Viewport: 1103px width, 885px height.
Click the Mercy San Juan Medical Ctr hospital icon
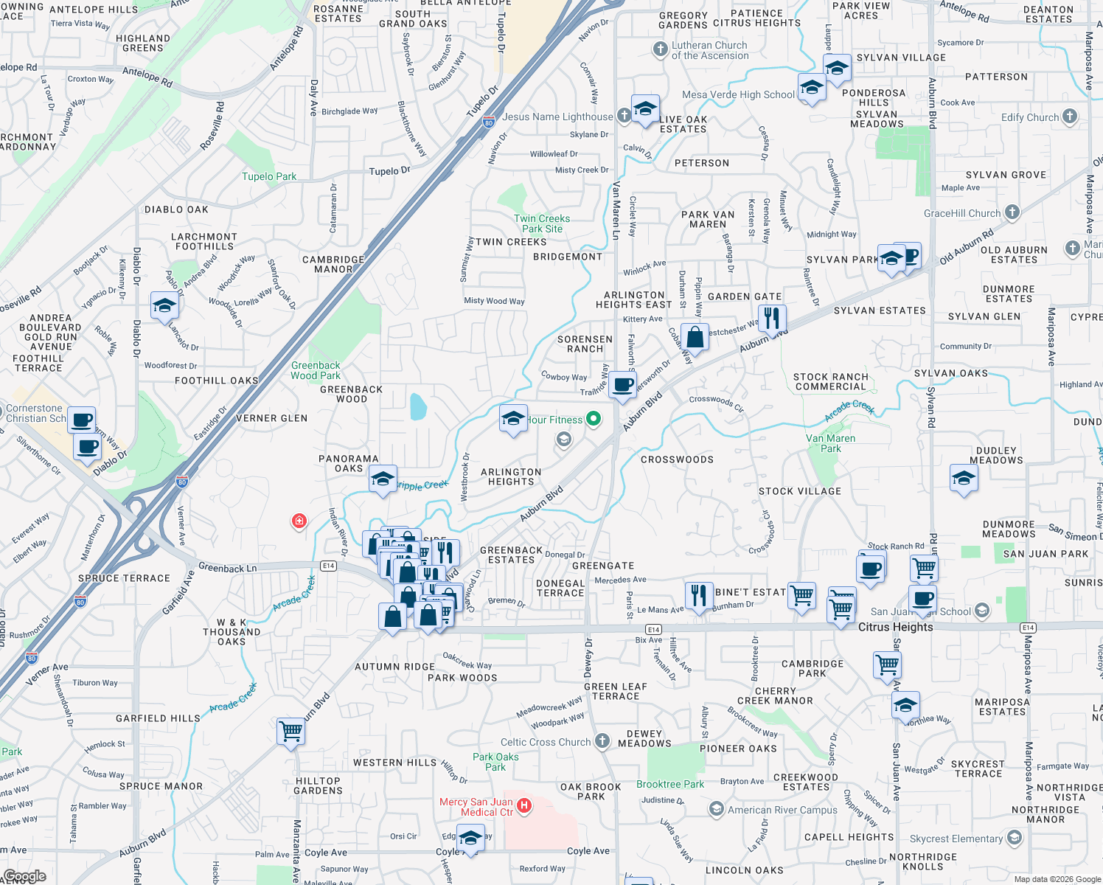[x=523, y=805]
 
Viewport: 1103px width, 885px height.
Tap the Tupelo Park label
[x=269, y=176]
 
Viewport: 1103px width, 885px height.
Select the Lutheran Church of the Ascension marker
[x=660, y=49]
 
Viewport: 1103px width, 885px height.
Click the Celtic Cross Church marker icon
[x=602, y=741]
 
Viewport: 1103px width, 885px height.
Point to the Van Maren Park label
[x=830, y=443]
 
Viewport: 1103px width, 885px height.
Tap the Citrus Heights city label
[x=895, y=627]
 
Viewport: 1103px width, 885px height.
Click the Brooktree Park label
[x=670, y=784]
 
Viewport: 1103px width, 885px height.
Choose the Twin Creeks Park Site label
[x=542, y=223]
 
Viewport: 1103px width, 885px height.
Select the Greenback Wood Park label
[x=316, y=370]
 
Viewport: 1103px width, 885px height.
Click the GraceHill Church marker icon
[x=1012, y=212]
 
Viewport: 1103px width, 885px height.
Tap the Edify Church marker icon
[x=1069, y=117]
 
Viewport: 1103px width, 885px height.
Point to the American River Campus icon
[x=716, y=809]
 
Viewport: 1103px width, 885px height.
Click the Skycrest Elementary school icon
[x=1015, y=838]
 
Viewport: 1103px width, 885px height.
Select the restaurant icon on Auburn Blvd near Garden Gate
[x=771, y=318]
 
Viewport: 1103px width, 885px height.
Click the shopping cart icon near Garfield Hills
[x=291, y=731]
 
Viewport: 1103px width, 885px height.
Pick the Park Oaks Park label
[x=495, y=762]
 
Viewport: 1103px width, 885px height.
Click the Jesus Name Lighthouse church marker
[x=624, y=116]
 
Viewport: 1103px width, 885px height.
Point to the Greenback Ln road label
[x=228, y=568]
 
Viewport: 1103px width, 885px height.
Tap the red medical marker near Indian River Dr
[x=299, y=521]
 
